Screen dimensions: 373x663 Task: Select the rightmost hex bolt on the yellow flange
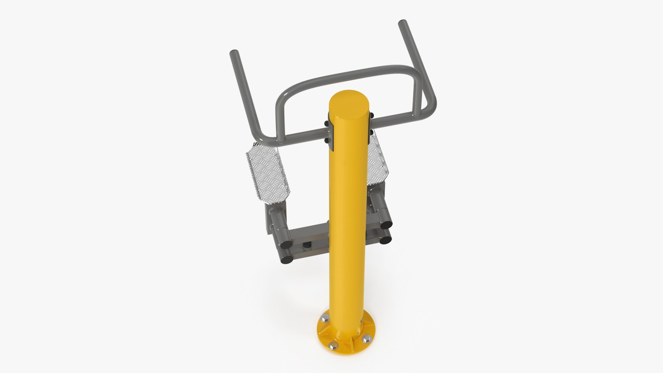click(x=366, y=339)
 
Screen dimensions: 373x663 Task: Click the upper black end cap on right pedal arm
click(x=386, y=225)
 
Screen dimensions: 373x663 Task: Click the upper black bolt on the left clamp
click(x=326, y=123)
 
